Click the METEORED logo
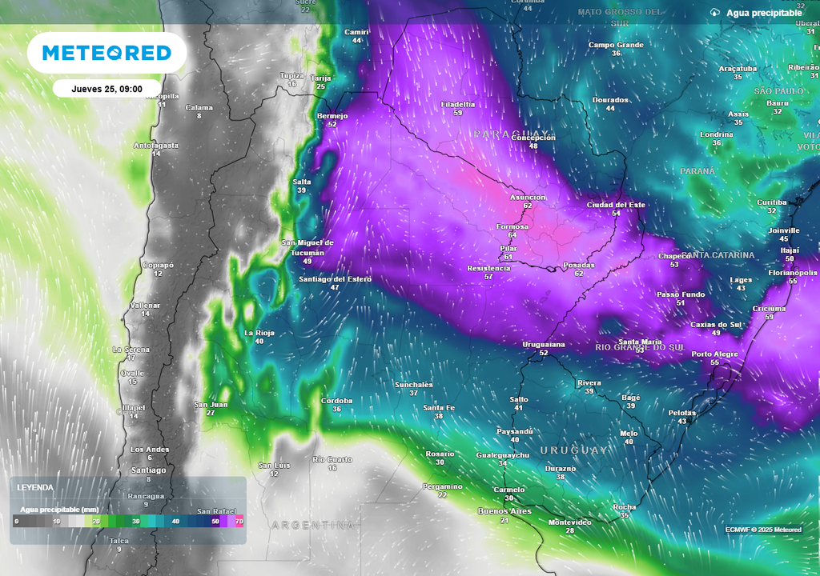click(x=107, y=53)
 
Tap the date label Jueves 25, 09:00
click(x=107, y=89)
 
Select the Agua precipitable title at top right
click(x=764, y=13)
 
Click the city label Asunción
click(x=528, y=197)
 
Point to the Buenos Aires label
click(x=504, y=510)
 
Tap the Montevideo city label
click(x=570, y=522)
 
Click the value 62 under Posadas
click(x=578, y=274)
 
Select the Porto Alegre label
click(x=714, y=354)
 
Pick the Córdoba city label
click(x=336, y=400)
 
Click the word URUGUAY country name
click(x=573, y=450)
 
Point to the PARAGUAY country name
click(x=511, y=134)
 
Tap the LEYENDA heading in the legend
click(x=36, y=486)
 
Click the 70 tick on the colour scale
click(x=239, y=522)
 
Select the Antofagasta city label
click(x=156, y=145)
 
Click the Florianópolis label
click(x=793, y=272)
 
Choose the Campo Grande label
click(x=616, y=45)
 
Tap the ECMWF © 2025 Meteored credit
click(x=762, y=530)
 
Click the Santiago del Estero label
click(x=335, y=278)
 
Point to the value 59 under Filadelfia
click(x=458, y=113)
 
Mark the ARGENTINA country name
click(x=312, y=525)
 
